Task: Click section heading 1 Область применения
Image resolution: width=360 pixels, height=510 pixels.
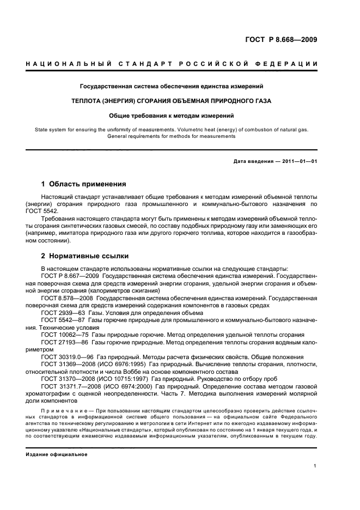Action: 83,184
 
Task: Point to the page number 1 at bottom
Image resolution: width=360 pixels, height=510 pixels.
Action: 315,466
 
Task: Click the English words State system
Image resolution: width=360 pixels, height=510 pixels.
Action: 57,129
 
